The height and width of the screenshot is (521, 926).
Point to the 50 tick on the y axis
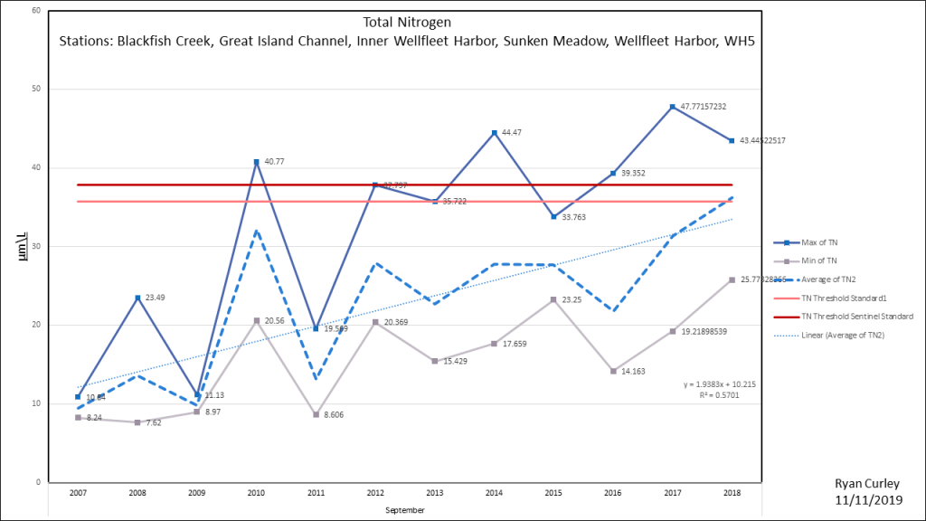tap(35, 89)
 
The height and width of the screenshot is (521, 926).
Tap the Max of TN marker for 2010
tap(257, 162)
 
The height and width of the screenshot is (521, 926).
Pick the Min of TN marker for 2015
tap(554, 299)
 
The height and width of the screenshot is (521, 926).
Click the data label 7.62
tap(156, 422)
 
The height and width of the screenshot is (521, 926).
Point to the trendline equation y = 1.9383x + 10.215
tap(721, 384)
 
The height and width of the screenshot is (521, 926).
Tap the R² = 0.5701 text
tap(721, 395)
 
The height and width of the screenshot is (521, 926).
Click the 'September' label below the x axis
tap(404, 509)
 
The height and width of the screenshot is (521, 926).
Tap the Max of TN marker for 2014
tap(495, 133)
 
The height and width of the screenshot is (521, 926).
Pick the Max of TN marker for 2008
tap(137, 298)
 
